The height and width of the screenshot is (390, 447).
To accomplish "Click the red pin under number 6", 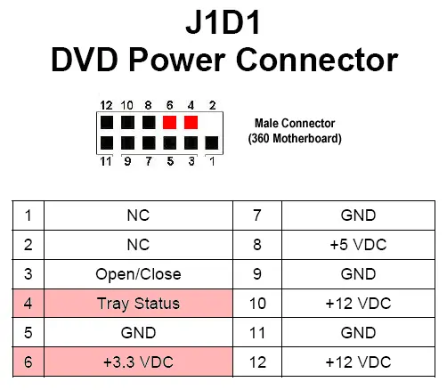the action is tap(169, 122).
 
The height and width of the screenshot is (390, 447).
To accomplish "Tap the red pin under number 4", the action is tap(191, 122).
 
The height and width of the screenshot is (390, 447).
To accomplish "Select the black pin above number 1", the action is tap(212, 142).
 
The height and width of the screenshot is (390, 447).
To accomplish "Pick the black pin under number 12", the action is tap(107, 122).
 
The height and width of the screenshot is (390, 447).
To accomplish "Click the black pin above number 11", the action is tap(107, 142).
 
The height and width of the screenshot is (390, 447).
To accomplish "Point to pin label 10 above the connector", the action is tap(127, 105).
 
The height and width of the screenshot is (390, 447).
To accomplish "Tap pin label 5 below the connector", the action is tap(170, 161).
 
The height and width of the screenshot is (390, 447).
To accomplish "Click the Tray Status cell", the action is tap(138, 303).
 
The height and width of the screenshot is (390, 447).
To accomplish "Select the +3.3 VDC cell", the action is tap(138, 362).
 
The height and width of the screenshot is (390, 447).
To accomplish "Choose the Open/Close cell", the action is tap(138, 274).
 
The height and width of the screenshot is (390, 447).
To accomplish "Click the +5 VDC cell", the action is tap(358, 245).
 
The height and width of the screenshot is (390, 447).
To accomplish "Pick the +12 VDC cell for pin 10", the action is tap(358, 303).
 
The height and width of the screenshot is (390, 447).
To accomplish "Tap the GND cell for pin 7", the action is tap(358, 215).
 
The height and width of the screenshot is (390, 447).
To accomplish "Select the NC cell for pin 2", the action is tap(138, 245).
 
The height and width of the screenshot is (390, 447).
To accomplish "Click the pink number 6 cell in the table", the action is tap(28, 362).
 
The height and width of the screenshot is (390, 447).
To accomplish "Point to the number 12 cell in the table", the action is tap(257, 362).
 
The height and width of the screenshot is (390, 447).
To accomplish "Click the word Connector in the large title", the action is tap(317, 60).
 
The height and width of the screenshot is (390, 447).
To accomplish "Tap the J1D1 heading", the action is tap(223, 22).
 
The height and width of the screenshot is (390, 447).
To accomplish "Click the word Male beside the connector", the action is tap(265, 123).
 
